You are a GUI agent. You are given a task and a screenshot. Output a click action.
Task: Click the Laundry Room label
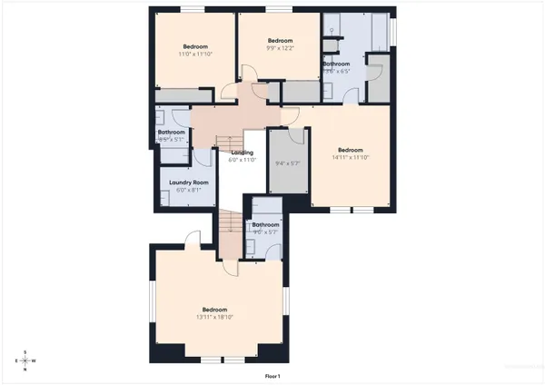(189, 183)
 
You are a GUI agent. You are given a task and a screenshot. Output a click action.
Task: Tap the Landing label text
(243, 153)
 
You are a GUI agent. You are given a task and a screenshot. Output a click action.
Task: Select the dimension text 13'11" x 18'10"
(214, 317)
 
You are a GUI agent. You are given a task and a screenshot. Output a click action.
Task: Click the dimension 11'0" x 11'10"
(195, 54)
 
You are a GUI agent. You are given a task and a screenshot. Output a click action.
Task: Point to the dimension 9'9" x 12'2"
(281, 48)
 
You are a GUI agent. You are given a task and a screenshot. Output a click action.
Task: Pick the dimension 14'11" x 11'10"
(351, 157)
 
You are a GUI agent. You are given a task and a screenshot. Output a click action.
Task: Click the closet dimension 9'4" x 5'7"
(287, 163)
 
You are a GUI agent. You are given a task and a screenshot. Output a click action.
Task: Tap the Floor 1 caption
(272, 375)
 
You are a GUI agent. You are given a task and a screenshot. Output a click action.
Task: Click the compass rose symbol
(25, 360)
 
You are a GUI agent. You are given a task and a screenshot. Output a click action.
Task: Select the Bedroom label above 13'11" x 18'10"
(214, 310)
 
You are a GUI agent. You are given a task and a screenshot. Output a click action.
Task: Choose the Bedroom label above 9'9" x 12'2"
(281, 41)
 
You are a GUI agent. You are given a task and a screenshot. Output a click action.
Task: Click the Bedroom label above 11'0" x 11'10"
(195, 47)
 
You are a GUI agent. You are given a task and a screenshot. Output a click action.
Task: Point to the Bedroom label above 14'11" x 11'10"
(351, 150)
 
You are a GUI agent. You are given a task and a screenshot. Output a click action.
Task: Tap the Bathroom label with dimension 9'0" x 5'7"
(265, 224)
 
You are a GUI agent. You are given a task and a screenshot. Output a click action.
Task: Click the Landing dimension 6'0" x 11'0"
(243, 160)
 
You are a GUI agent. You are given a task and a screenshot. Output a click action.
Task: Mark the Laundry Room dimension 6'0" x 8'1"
(189, 190)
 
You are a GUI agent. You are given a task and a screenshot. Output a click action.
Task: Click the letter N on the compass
(25, 370)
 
